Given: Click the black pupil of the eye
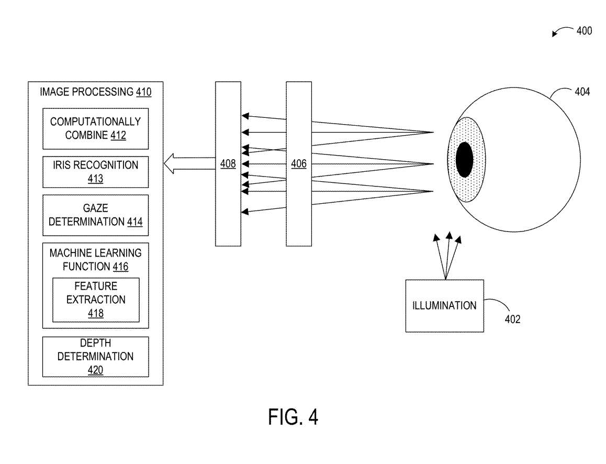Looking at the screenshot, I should point(464,160).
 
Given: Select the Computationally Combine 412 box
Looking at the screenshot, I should point(95,128).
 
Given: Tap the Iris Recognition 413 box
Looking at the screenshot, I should point(95,172).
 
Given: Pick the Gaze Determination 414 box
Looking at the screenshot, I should point(95,215).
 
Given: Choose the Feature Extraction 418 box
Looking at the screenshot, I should point(96,300).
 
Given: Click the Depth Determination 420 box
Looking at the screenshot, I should point(95,357).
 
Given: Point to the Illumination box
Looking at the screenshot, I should point(444,305).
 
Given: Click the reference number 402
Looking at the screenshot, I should point(512,319).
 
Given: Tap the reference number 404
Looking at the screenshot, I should point(582,92).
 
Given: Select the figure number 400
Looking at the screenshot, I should point(584,31).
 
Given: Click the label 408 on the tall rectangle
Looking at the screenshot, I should point(228,164).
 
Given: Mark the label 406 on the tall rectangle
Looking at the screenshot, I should point(298,164).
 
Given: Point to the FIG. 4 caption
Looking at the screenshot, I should point(293,417).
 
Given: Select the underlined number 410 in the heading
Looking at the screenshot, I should point(144,93).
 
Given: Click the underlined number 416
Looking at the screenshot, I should point(120,267).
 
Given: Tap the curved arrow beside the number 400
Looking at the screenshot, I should point(562,33).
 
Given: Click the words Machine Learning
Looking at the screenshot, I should point(95,253).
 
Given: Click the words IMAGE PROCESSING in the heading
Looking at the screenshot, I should point(86,93).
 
